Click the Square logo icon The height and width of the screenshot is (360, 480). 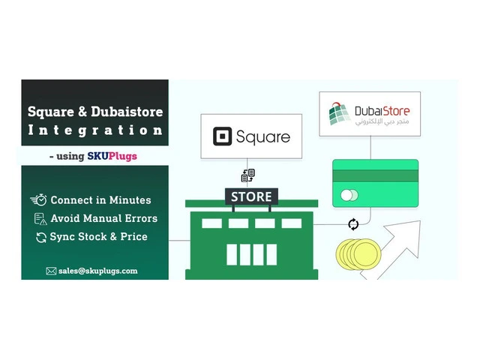[x=222, y=136]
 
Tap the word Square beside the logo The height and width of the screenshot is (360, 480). [x=263, y=137]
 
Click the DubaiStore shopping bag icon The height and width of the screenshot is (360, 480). [x=339, y=113]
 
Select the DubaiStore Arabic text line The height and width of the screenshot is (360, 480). [x=382, y=121]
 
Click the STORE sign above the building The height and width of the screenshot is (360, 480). [x=251, y=196]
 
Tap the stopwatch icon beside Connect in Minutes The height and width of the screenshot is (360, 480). [x=38, y=200]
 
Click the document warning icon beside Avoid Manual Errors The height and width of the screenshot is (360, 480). [x=40, y=219]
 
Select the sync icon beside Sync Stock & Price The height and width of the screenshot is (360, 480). [x=41, y=237]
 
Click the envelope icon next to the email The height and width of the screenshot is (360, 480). [x=51, y=271]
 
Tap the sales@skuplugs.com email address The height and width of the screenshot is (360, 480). [x=98, y=271]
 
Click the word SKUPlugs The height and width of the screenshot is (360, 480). [x=112, y=156]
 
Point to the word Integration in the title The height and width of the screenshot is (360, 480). [x=95, y=130]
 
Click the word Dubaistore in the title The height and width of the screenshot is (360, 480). [x=127, y=112]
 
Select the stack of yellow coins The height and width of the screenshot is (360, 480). [x=358, y=254]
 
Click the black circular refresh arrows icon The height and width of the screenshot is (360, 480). [x=353, y=224]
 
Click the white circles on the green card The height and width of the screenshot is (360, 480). [x=349, y=195]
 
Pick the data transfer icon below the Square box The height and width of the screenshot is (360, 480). [x=247, y=175]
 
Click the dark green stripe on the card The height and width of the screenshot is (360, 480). [x=375, y=176]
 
